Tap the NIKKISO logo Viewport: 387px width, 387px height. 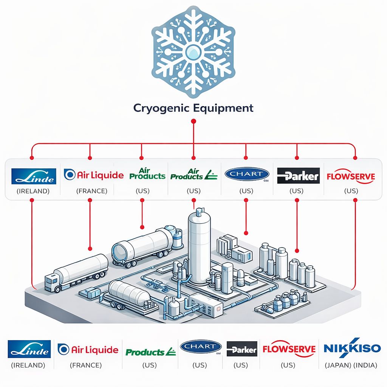tap(352, 348)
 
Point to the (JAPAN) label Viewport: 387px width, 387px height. tap(337, 365)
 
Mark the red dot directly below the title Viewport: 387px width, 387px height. tap(193, 121)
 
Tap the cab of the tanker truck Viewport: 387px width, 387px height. tap(53, 282)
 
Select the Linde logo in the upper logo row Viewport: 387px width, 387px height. tap(34, 176)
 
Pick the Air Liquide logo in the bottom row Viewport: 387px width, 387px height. tap(88, 350)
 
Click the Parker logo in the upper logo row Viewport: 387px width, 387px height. tap(298, 176)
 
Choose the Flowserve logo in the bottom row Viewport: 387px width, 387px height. tap(289, 349)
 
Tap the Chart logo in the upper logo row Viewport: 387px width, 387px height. tap(247, 174)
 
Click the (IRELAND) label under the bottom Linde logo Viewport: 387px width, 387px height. tap(28, 365)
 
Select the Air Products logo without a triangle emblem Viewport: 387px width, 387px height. tap(147, 174)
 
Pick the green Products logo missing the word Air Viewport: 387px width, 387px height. tap(150, 352)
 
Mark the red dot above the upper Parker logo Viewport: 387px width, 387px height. tap(297, 157)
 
